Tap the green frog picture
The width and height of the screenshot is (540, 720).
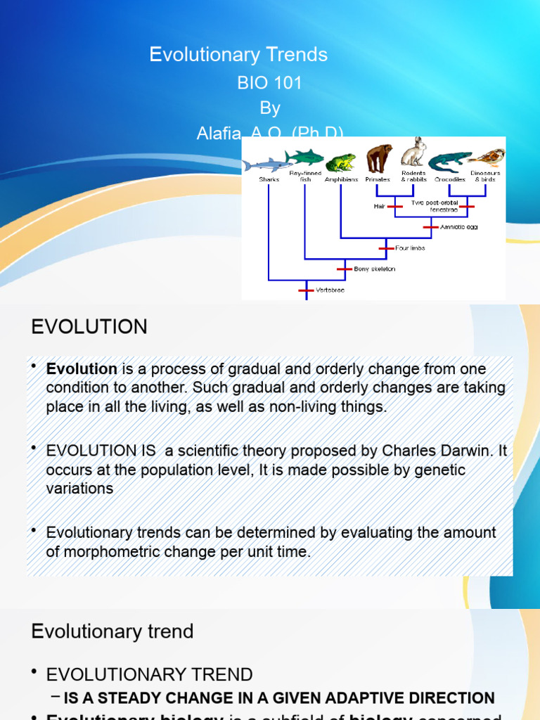[x=341, y=162]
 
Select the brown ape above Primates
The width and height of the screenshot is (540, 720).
[x=379, y=158]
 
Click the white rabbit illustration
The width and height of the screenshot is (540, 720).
[x=414, y=153]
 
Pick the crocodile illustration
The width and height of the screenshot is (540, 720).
[x=451, y=163]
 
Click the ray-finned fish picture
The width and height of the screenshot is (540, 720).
[x=304, y=155]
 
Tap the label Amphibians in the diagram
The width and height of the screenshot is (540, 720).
[x=341, y=180]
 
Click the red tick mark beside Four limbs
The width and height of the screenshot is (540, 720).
[x=385, y=247]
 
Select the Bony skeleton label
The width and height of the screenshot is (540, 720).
[x=375, y=269]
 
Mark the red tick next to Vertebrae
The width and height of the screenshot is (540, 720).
[x=305, y=289]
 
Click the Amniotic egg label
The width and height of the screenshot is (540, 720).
[x=459, y=227]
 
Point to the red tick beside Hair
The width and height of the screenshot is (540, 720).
[x=396, y=207]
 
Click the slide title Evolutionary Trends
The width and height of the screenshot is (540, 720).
[x=238, y=55]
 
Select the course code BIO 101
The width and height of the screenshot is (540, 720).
[x=269, y=83]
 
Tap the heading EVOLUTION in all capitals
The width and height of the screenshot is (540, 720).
[x=89, y=327]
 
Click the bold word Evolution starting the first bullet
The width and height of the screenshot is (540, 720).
[x=82, y=369]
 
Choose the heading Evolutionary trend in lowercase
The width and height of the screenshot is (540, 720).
[x=112, y=631]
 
